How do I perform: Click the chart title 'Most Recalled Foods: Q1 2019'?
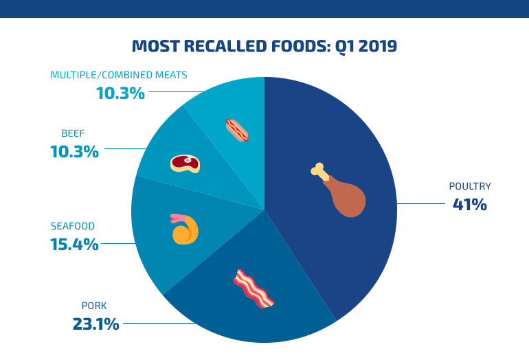[264, 46]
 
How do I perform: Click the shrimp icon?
[185, 229]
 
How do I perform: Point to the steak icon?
[185, 163]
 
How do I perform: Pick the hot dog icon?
[237, 130]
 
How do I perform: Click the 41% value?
[469, 204]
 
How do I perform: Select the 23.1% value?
[95, 324]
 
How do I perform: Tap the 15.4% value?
[74, 244]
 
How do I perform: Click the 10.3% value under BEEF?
[74, 152]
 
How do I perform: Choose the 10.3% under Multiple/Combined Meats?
[120, 93]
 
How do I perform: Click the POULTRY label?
[470, 186]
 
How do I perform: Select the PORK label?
[94, 306]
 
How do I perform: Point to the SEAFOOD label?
[72, 226]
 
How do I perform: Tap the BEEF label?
[73, 133]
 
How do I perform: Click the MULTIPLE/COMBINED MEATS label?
[118, 75]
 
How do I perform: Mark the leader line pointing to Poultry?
[420, 203]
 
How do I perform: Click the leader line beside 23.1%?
[158, 323]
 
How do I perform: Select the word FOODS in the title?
[294, 46]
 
